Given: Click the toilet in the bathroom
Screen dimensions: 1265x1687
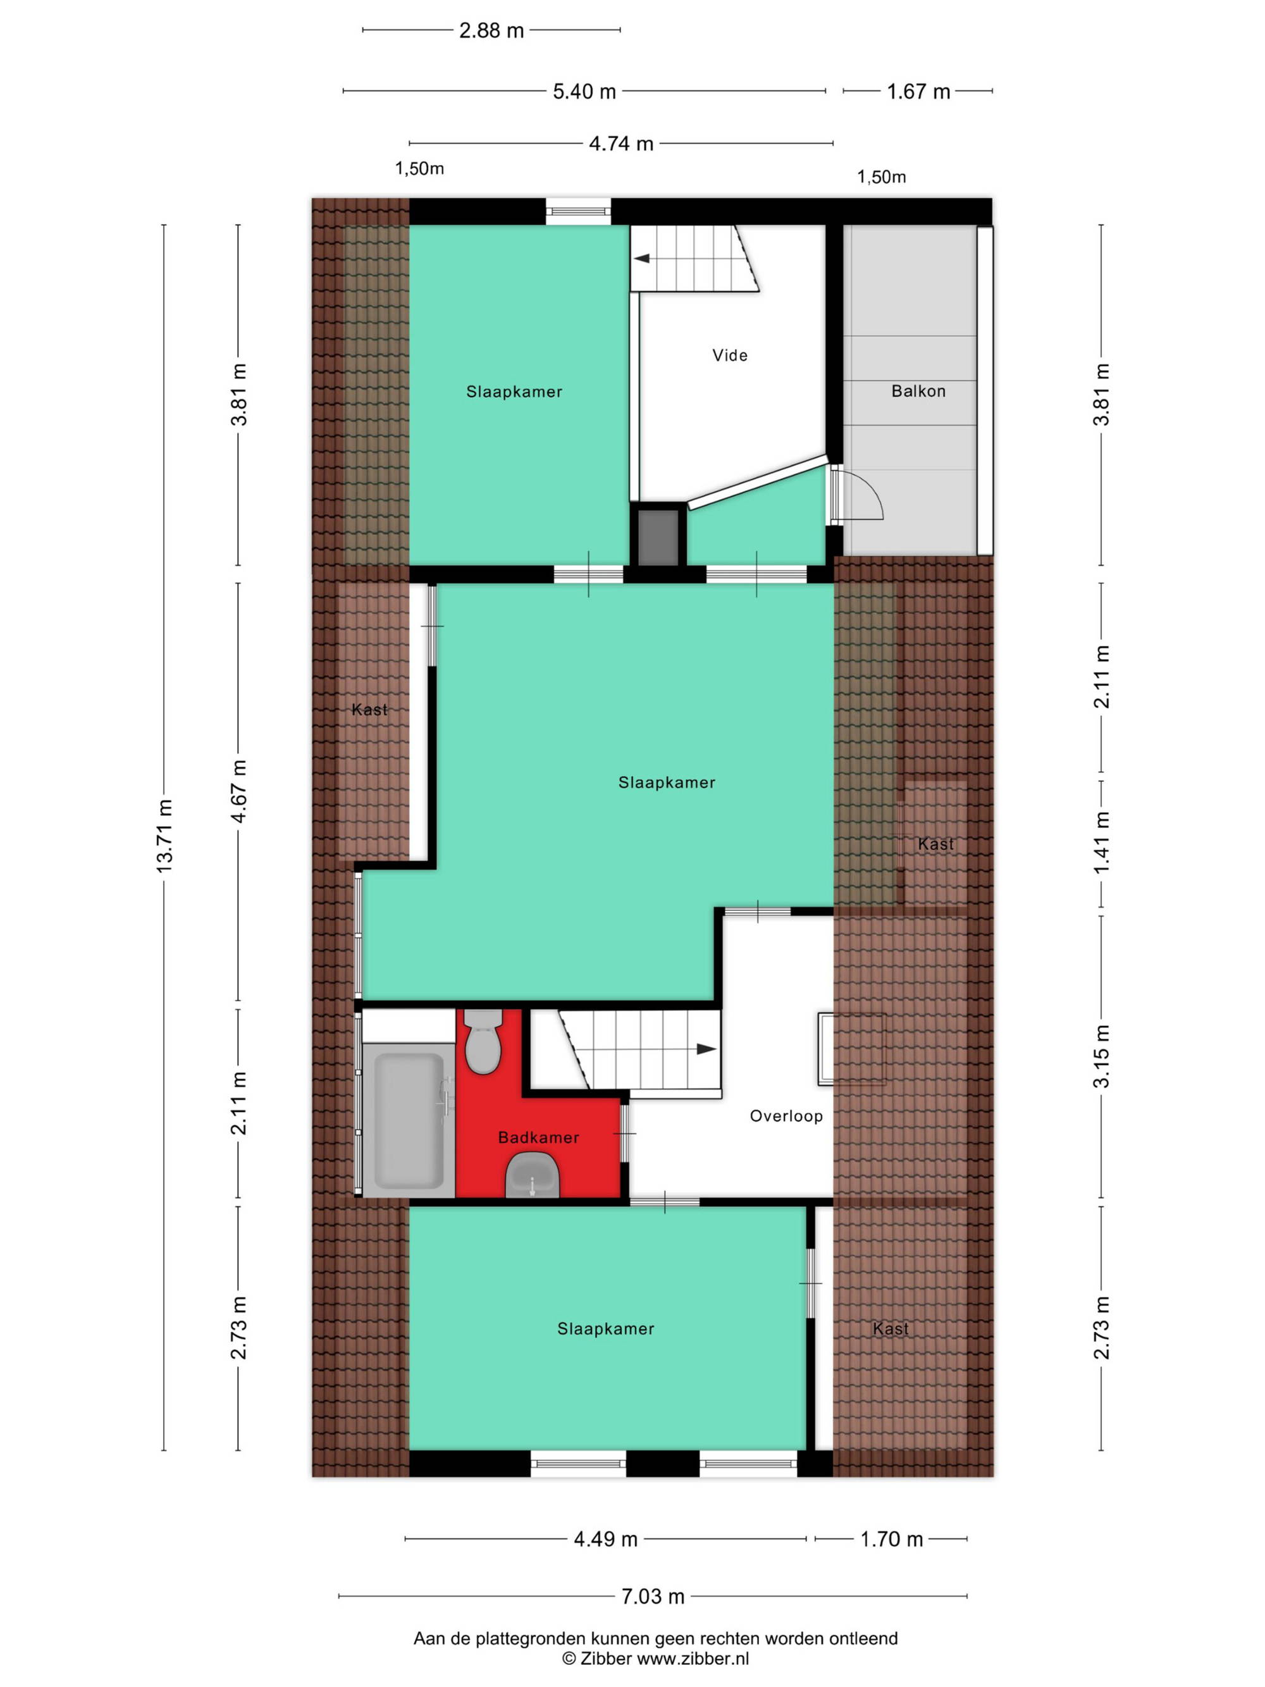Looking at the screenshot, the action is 483,1041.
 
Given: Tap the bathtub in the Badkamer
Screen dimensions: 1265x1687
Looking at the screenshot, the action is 409,1120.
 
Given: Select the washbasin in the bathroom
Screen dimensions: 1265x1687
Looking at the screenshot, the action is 532,1176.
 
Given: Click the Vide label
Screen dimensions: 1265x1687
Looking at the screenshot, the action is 730,355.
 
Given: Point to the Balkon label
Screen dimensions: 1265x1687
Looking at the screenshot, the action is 918,392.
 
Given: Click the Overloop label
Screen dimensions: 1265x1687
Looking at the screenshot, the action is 786,1116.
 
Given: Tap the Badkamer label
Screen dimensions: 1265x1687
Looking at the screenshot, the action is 538,1138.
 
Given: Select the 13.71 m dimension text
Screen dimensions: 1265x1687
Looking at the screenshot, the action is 164,836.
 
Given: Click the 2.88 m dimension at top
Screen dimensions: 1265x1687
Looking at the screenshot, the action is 491,30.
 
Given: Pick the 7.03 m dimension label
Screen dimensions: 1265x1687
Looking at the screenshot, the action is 653,1597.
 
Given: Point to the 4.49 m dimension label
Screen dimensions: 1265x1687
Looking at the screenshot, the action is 605,1539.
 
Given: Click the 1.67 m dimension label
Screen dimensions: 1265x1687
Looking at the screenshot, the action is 918,92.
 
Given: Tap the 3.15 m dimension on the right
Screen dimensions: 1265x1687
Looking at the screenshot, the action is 1101,1056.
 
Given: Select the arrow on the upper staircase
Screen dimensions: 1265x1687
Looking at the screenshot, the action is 641,259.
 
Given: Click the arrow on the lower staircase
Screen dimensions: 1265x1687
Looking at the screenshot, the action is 706,1049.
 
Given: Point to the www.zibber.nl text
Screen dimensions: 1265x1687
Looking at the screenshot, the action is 693,1659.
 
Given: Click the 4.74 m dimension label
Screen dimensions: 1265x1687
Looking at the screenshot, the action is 620,144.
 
